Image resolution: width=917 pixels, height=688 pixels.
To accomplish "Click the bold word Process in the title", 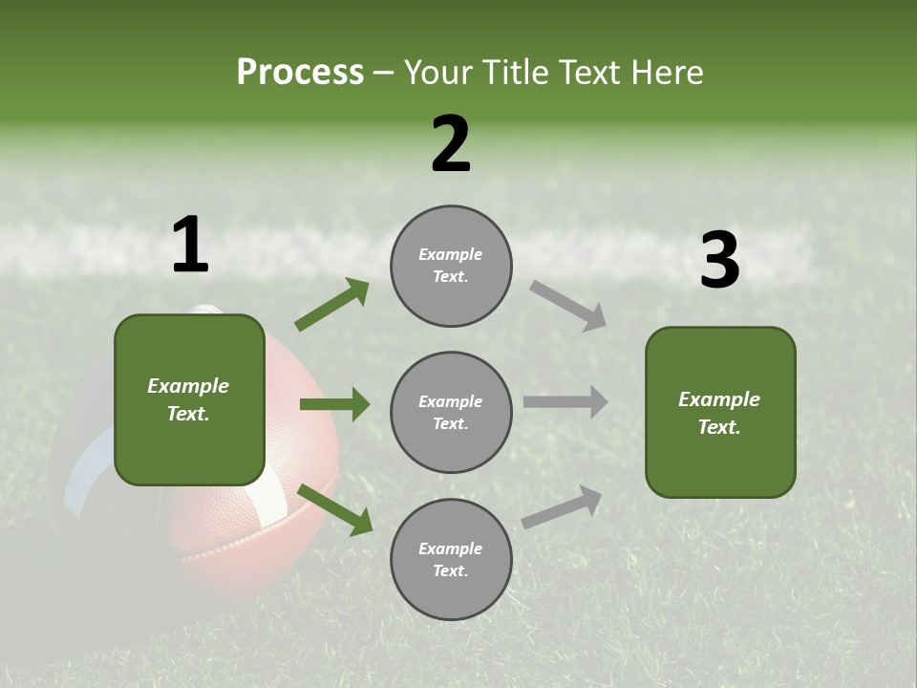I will pyautogui.click(x=300, y=73).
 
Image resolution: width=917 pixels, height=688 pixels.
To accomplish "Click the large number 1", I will pyautogui.click(x=190, y=246).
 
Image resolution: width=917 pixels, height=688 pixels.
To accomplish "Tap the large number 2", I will pyautogui.click(x=451, y=145).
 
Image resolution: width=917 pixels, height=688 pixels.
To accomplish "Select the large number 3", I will pyautogui.click(x=719, y=261).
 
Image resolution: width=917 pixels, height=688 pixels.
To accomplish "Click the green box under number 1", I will pyautogui.click(x=189, y=399).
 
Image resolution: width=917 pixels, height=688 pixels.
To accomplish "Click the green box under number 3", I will pyautogui.click(x=720, y=412).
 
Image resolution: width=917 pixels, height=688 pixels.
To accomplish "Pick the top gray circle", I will pyautogui.click(x=451, y=266).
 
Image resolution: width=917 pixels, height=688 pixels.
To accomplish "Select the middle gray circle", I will pyautogui.click(x=451, y=412).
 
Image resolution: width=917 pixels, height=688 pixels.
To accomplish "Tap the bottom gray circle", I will pyautogui.click(x=451, y=559).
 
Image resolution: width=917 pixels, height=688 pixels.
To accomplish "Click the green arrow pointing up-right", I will pyautogui.click(x=331, y=305).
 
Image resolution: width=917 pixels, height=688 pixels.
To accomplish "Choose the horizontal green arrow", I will pyautogui.click(x=334, y=404).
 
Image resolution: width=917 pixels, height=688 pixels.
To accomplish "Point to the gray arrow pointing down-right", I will pyautogui.click(x=567, y=306).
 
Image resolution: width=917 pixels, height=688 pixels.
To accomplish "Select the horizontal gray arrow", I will pyautogui.click(x=565, y=401).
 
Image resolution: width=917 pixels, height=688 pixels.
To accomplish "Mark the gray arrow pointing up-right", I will pyautogui.click(x=563, y=507).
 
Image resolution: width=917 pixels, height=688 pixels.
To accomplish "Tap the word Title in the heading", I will pyautogui.click(x=515, y=73).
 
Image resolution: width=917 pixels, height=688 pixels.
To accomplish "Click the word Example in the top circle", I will pyautogui.click(x=450, y=254).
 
